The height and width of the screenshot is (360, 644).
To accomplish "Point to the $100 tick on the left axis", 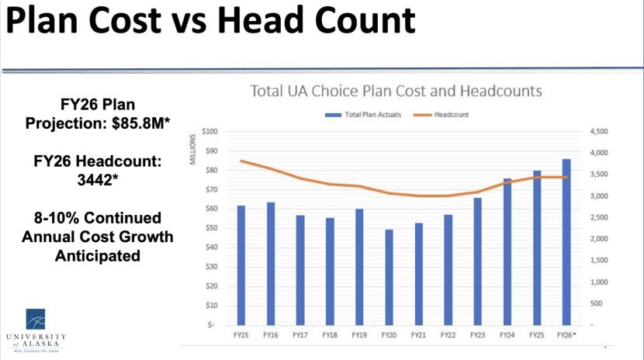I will (209, 132).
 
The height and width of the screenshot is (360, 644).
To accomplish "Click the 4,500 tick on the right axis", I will (601, 132).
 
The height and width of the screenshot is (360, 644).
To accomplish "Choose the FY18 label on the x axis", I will (330, 335).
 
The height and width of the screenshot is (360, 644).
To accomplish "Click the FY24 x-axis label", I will (507, 335).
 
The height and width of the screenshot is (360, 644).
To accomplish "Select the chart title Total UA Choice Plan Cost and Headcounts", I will (396, 91).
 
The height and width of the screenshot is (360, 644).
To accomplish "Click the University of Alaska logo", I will (36, 331).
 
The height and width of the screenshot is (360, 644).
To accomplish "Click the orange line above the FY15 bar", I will (241, 161).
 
